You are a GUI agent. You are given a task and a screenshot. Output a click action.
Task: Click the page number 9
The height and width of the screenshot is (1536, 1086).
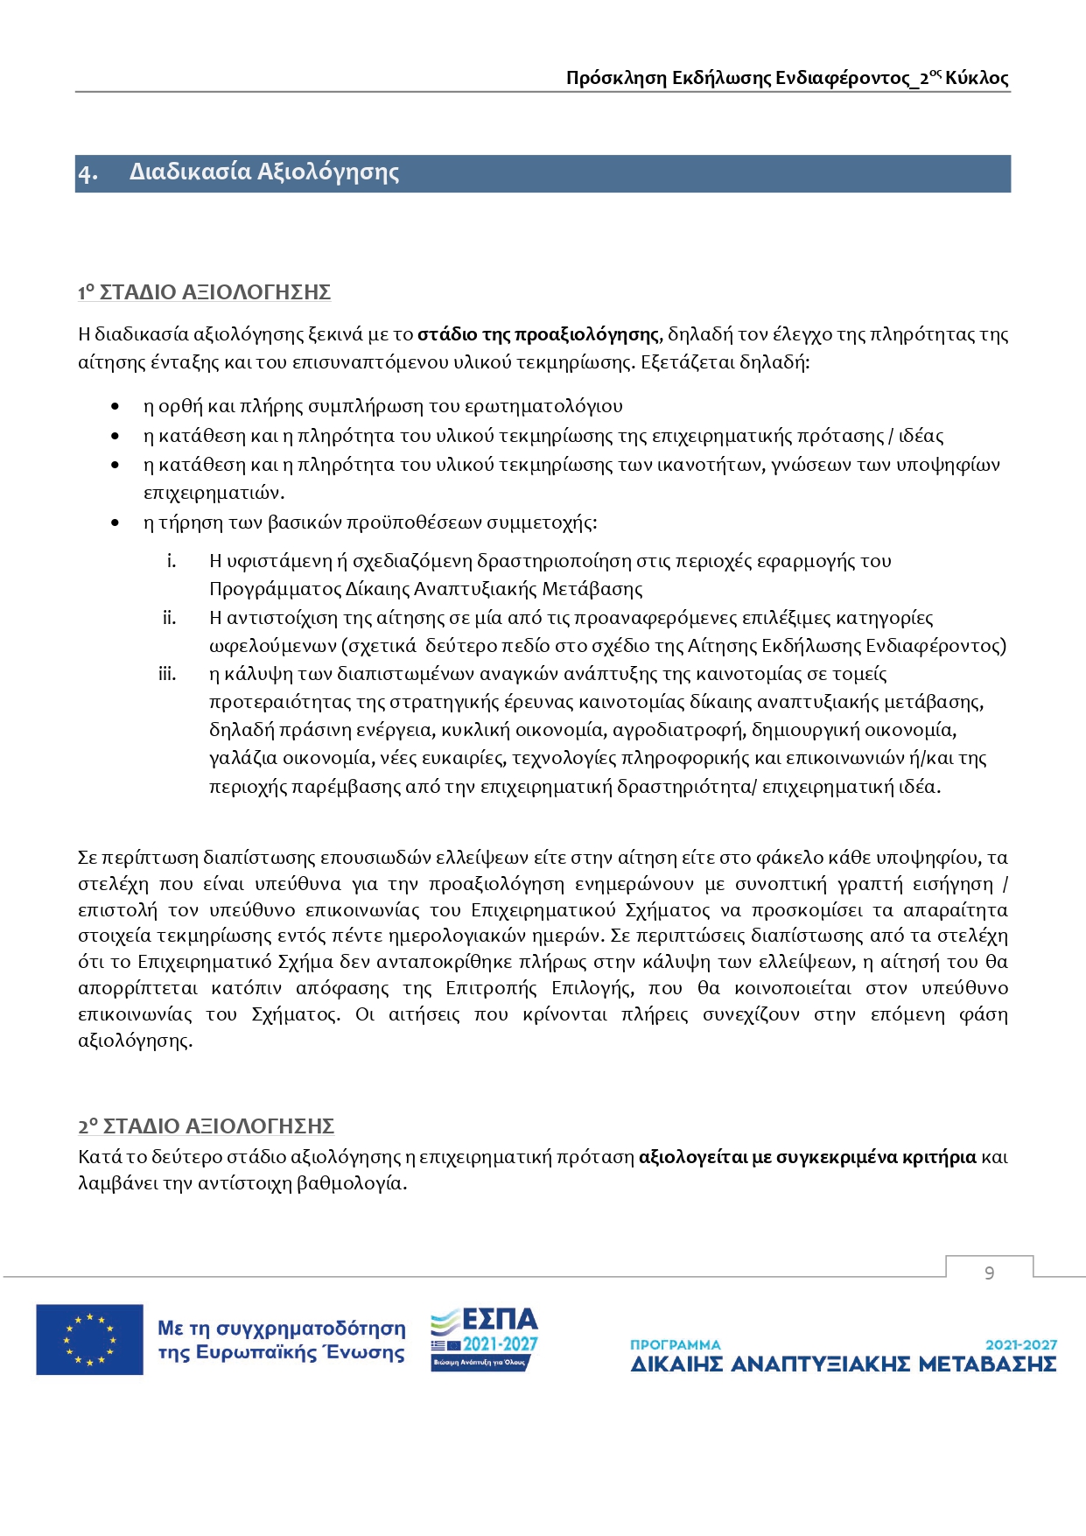click(x=989, y=1273)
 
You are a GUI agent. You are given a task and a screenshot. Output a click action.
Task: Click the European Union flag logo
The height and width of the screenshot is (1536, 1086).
click(x=89, y=1339)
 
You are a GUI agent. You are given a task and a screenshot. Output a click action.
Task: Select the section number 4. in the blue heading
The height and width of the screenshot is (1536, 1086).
click(x=88, y=172)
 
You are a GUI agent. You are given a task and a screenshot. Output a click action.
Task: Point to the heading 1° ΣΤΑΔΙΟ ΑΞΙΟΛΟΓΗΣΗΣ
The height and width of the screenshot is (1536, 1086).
click(x=204, y=292)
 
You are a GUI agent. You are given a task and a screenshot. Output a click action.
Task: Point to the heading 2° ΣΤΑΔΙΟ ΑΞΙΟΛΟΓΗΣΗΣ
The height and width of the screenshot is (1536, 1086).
click(x=206, y=1126)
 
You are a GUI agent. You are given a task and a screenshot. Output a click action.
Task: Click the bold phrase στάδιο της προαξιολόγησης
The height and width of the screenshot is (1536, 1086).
click(x=537, y=334)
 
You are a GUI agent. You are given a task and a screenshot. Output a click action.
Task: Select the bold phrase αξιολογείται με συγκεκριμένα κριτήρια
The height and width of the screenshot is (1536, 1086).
click(x=807, y=1157)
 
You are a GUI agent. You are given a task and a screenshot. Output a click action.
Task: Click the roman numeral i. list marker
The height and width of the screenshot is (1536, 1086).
click(x=172, y=561)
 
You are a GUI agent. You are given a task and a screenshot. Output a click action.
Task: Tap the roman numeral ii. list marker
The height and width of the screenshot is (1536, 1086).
click(x=169, y=618)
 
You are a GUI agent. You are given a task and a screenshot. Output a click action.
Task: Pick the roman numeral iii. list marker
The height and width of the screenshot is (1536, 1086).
click(x=166, y=674)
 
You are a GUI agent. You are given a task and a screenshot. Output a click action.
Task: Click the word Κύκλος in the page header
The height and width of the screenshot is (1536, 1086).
click(x=977, y=78)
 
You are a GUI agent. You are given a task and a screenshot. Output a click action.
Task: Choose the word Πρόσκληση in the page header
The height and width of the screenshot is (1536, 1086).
click(x=616, y=78)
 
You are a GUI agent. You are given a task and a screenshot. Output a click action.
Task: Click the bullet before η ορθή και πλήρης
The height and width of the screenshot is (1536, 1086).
click(x=116, y=407)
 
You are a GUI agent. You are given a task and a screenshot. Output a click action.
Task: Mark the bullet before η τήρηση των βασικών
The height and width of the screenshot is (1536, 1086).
click(x=116, y=523)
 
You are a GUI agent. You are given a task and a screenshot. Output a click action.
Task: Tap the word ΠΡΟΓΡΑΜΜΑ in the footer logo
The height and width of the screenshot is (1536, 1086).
click(x=675, y=1344)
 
